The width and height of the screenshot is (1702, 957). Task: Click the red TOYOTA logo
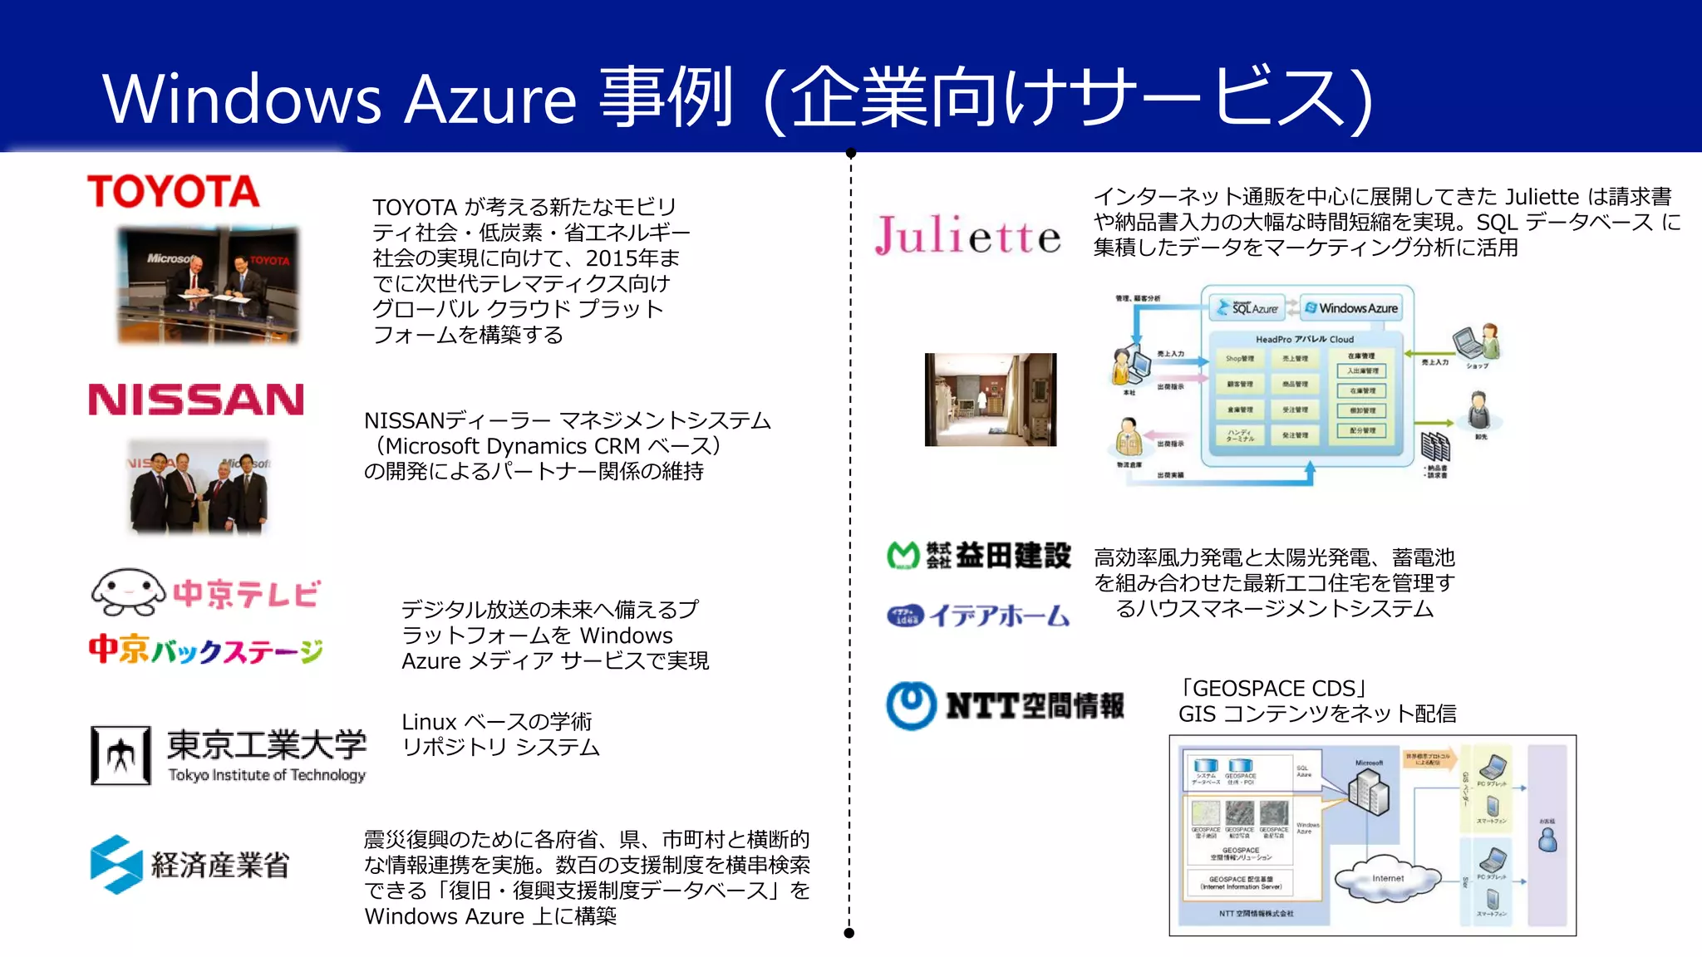pos(173,191)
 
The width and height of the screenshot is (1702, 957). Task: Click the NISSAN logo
pos(196,400)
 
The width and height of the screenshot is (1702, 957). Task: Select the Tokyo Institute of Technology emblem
pos(121,755)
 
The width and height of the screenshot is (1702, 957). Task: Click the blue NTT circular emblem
pos(911,705)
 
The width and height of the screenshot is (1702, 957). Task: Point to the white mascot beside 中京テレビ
pos(128,592)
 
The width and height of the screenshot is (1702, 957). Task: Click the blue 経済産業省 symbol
pos(116,864)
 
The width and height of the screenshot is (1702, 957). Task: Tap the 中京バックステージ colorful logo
pos(205,650)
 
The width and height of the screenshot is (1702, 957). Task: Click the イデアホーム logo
pos(978,616)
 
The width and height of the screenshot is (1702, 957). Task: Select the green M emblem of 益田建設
pos(903,555)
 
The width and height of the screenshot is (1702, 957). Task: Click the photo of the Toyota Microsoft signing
pos(208,285)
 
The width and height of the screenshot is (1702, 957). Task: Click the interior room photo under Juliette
pos(990,400)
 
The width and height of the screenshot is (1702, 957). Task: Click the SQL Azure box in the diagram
pos(1247,308)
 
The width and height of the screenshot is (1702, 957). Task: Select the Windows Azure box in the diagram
pos(1350,308)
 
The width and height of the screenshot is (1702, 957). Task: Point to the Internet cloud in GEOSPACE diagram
pos(1387,877)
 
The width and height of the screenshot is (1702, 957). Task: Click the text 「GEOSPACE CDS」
pos(1273,689)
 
